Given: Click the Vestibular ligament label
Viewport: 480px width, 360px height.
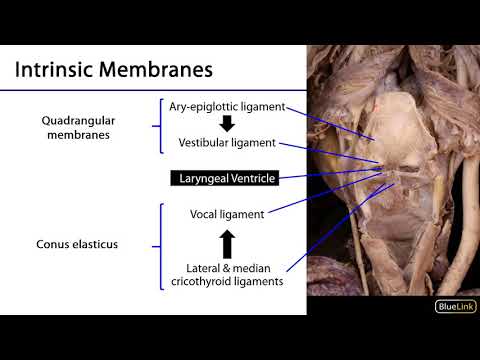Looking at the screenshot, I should (227, 143).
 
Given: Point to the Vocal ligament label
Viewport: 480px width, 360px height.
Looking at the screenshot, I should (227, 214).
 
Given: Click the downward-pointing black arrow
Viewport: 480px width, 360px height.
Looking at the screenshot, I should (227, 125).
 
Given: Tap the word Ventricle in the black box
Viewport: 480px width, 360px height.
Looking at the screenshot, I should (248, 179).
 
